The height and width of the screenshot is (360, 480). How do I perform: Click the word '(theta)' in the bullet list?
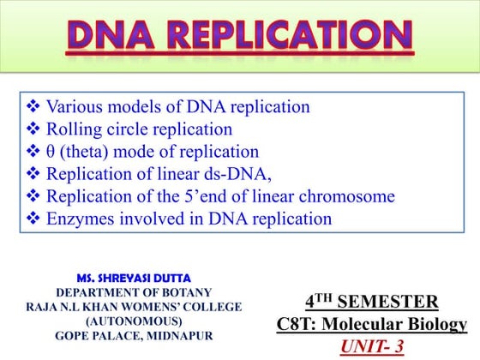(83, 153)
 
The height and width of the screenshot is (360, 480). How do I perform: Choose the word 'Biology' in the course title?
(435, 325)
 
